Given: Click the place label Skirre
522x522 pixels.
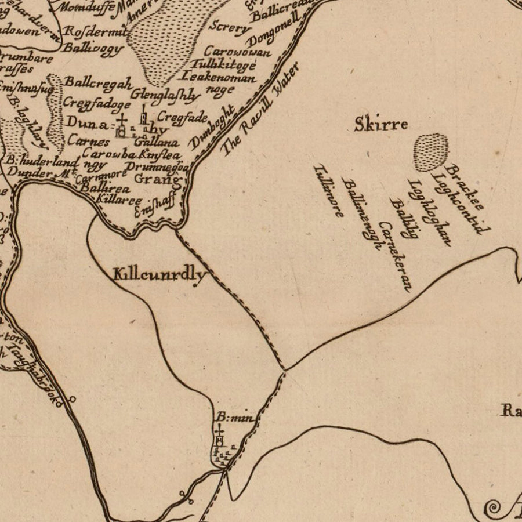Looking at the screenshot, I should click(381, 124).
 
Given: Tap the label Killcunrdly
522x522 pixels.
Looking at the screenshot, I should click(160, 274).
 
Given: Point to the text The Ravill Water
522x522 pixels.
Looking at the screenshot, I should click(260, 109).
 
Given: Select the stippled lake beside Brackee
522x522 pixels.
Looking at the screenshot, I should click(431, 152).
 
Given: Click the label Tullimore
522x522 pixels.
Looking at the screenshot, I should click(328, 190).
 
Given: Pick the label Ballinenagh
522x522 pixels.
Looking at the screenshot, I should click(361, 213).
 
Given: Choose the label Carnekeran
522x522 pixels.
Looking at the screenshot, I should click(394, 255).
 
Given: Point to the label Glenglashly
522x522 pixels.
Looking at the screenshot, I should click(166, 95).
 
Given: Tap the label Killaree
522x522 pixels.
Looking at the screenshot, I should click(121, 199).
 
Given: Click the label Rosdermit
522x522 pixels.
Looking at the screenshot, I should click(95, 32).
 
